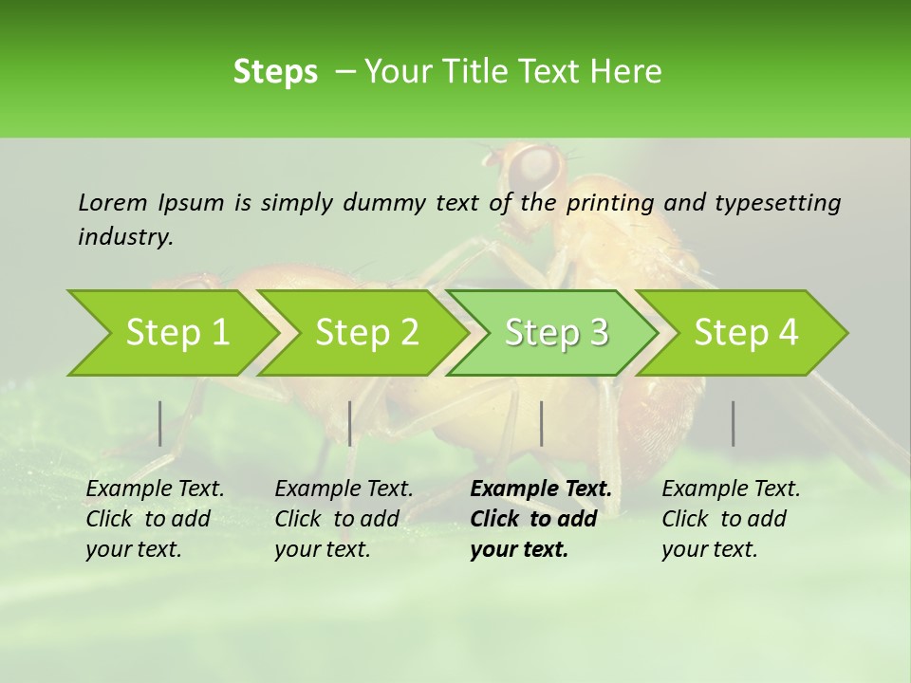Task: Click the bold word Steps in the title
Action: coord(275,71)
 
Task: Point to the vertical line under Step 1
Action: coord(160,423)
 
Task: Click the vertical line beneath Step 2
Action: coord(350,423)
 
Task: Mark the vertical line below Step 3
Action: coord(541,423)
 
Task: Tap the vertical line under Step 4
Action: coord(734,423)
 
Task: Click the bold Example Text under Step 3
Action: coord(541,489)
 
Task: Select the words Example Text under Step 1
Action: coord(155,489)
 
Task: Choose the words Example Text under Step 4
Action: coord(731,489)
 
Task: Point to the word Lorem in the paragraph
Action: coord(113,202)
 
